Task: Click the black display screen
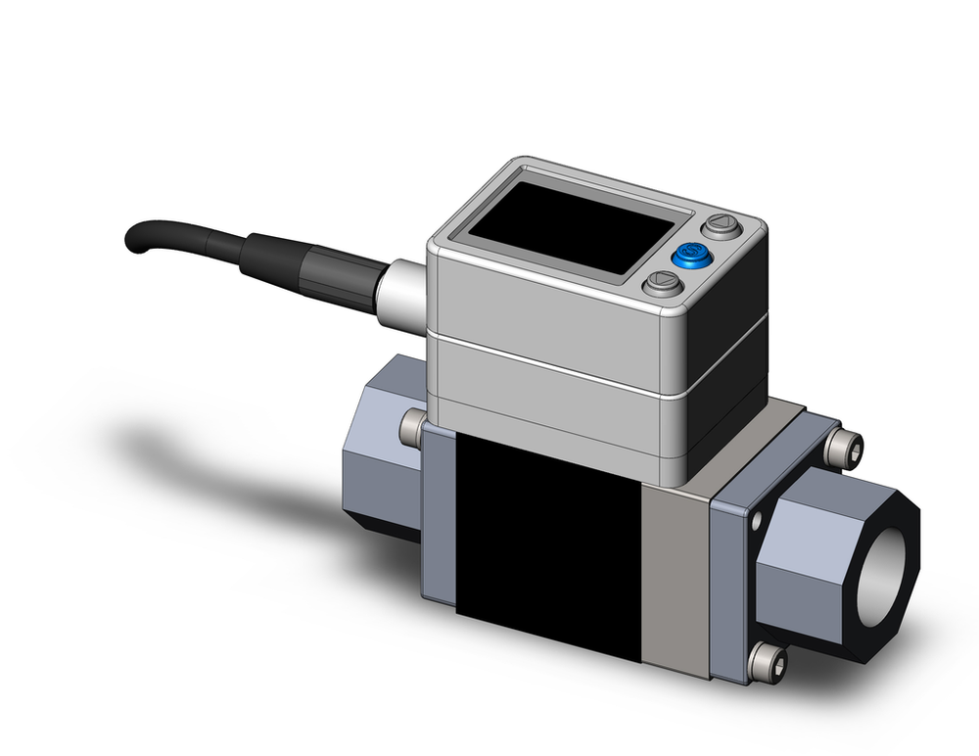tap(558, 232)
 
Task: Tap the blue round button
tap(691, 257)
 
